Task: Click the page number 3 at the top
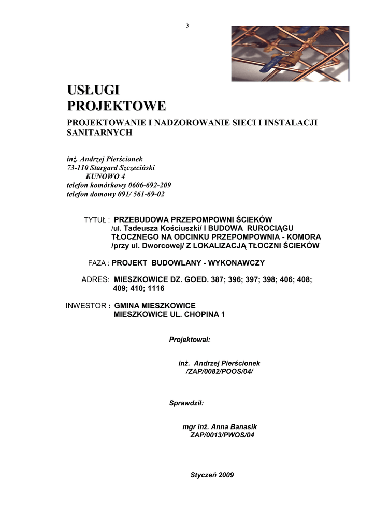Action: click(x=187, y=26)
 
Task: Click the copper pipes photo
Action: click(x=290, y=54)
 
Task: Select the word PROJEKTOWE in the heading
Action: click(x=117, y=106)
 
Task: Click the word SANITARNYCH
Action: click(x=100, y=132)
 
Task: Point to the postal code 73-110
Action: click(x=78, y=168)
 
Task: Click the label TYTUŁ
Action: click(x=96, y=220)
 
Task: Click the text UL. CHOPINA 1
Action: click(x=197, y=314)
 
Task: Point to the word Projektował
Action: click(x=189, y=340)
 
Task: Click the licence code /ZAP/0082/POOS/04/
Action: click(x=219, y=372)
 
